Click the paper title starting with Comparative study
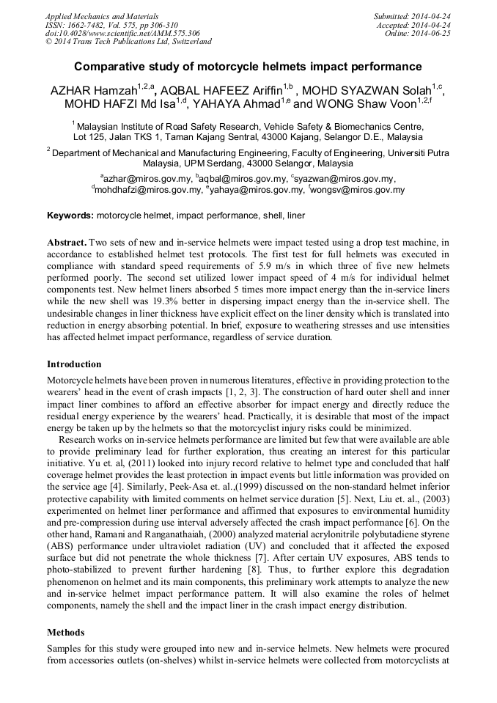tap(248, 66)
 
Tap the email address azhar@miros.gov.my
tap(144, 178)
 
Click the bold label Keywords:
tap(70, 216)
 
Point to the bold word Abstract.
tap(67, 242)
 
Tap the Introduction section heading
tap(74, 364)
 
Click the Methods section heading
tap(65, 632)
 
